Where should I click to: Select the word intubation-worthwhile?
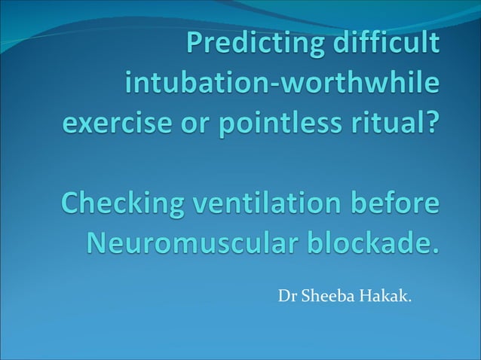280,84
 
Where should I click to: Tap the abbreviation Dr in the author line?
287,296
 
